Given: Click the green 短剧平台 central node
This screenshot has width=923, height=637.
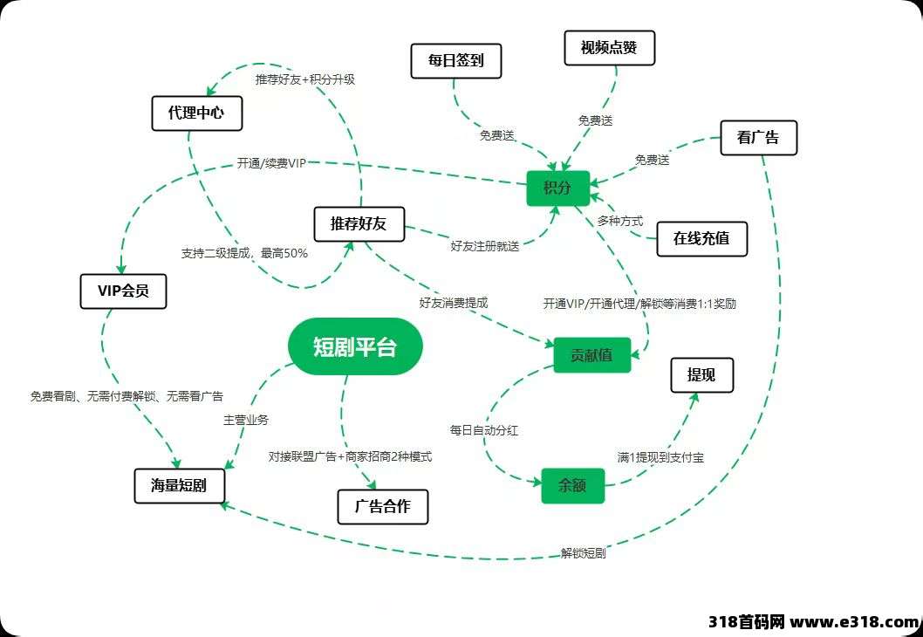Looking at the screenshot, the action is coord(355,346).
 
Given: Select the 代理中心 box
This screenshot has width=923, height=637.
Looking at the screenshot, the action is coord(197,113).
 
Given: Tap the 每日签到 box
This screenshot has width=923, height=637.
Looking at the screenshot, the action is coord(456,60).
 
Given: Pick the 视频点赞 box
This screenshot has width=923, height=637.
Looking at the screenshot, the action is coord(609,48).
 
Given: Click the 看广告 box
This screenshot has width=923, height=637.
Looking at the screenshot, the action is coord(759,138).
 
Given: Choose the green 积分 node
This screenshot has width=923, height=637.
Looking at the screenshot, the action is coord(557,188).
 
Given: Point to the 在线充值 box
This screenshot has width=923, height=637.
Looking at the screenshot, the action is coord(701,238).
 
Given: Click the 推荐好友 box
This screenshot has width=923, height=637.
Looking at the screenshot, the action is coord(359,223).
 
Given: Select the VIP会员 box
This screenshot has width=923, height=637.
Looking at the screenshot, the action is coord(124,291).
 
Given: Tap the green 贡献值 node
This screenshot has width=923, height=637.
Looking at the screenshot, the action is coord(592,355).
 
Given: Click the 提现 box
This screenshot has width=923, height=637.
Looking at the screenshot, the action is coord(701,375).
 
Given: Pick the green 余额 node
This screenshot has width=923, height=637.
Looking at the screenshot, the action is coord(573,486).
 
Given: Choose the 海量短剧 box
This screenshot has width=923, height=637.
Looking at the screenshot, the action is coord(179,486).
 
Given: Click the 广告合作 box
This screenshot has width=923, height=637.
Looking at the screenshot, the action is coord(383,506).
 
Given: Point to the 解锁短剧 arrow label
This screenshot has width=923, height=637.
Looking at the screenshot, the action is coord(583,553).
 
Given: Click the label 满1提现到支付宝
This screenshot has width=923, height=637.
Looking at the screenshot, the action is coord(660,457).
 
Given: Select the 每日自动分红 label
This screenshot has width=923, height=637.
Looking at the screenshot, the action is coord(484,430).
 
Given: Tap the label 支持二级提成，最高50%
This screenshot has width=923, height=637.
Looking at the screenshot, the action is coord(244,253).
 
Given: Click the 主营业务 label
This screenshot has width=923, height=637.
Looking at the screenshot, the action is coord(246,420).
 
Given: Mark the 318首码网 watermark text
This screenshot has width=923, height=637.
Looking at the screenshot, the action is coord(747,621).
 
